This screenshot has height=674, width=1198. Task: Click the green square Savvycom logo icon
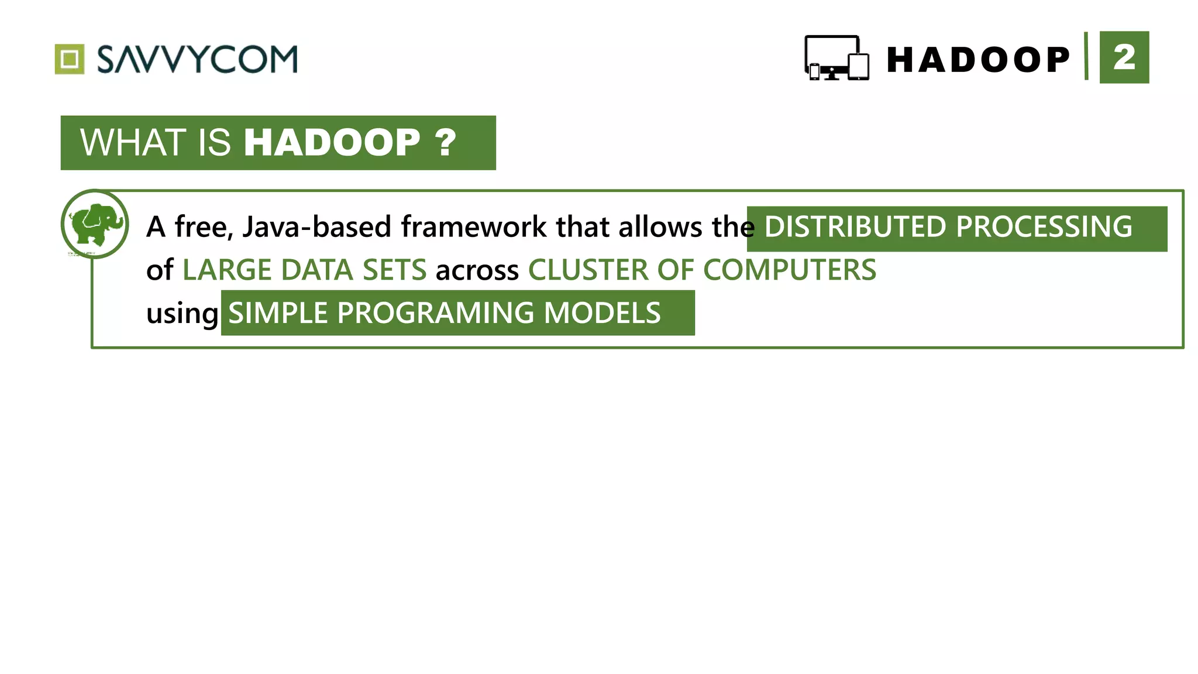point(70,59)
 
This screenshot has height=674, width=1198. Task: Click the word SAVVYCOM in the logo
point(197,59)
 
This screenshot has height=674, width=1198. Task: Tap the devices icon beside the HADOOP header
point(836,58)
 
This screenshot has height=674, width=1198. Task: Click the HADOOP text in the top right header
point(978,60)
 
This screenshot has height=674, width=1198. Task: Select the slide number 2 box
point(1124,57)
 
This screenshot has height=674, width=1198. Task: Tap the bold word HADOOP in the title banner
point(332,143)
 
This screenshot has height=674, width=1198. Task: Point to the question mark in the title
point(445,143)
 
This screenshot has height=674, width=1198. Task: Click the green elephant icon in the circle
point(95,224)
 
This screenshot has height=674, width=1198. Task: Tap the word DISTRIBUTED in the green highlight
point(855,227)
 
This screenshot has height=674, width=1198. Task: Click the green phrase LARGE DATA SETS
point(304,270)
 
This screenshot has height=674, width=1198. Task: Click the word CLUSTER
point(587,270)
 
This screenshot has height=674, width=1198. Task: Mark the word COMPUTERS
point(789,270)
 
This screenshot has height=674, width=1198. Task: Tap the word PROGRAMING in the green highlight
point(435,313)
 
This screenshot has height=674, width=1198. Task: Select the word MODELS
point(602,313)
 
